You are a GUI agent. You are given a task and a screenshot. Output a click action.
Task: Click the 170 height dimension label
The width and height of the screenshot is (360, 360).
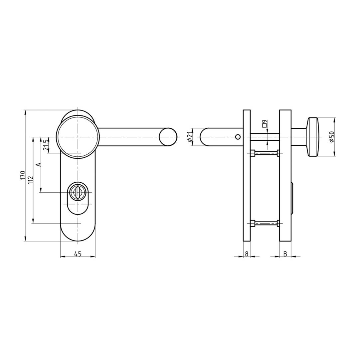23,175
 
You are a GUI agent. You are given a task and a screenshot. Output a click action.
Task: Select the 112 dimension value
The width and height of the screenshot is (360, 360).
30,180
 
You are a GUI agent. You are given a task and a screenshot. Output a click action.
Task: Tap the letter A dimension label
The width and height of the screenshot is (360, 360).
38,165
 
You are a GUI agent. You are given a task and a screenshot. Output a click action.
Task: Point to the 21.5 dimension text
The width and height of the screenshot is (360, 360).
46,145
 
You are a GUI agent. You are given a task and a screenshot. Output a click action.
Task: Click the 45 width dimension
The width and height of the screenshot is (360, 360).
77,254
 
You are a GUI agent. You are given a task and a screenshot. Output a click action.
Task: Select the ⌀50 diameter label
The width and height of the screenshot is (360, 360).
331,137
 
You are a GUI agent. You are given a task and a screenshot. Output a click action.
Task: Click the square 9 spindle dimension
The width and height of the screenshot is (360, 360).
264,124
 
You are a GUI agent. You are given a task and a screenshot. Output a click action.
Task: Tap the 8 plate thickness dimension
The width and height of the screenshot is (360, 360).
247,254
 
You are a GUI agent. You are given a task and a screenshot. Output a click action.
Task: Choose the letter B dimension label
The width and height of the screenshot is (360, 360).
285,254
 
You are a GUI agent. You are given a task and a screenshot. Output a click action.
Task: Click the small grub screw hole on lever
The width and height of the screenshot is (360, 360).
238,137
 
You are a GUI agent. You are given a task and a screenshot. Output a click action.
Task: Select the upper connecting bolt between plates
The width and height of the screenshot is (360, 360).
266,153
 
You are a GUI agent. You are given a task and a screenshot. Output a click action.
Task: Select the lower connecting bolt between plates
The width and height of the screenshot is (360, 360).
266,223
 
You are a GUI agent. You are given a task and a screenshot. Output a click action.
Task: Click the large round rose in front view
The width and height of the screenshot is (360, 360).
78,137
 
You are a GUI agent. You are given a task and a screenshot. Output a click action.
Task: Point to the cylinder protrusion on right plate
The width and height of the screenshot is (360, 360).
292,199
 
